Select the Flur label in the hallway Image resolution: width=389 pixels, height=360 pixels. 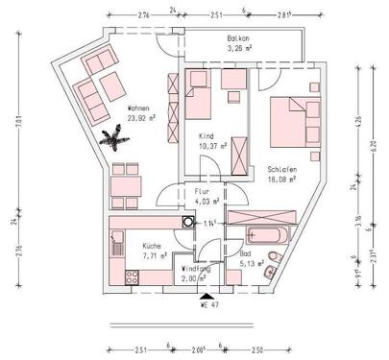(202, 191)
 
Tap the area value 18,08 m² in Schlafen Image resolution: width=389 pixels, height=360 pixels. (282, 179)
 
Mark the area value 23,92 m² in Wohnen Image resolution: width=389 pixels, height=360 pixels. (142, 119)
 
